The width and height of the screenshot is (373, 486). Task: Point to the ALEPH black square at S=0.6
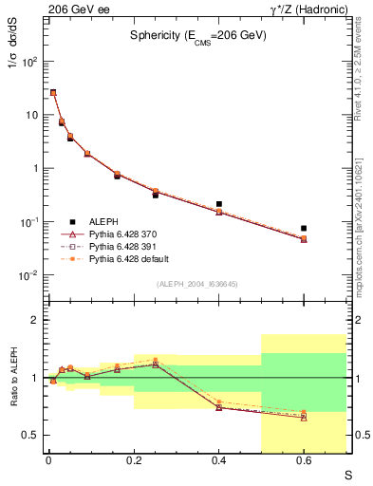tap(304, 228)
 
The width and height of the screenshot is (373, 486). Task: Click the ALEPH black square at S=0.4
tap(219, 204)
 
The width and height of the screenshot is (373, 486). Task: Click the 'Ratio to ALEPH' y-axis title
tap(12, 378)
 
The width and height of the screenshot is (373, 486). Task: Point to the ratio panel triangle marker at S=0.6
tap(304, 418)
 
